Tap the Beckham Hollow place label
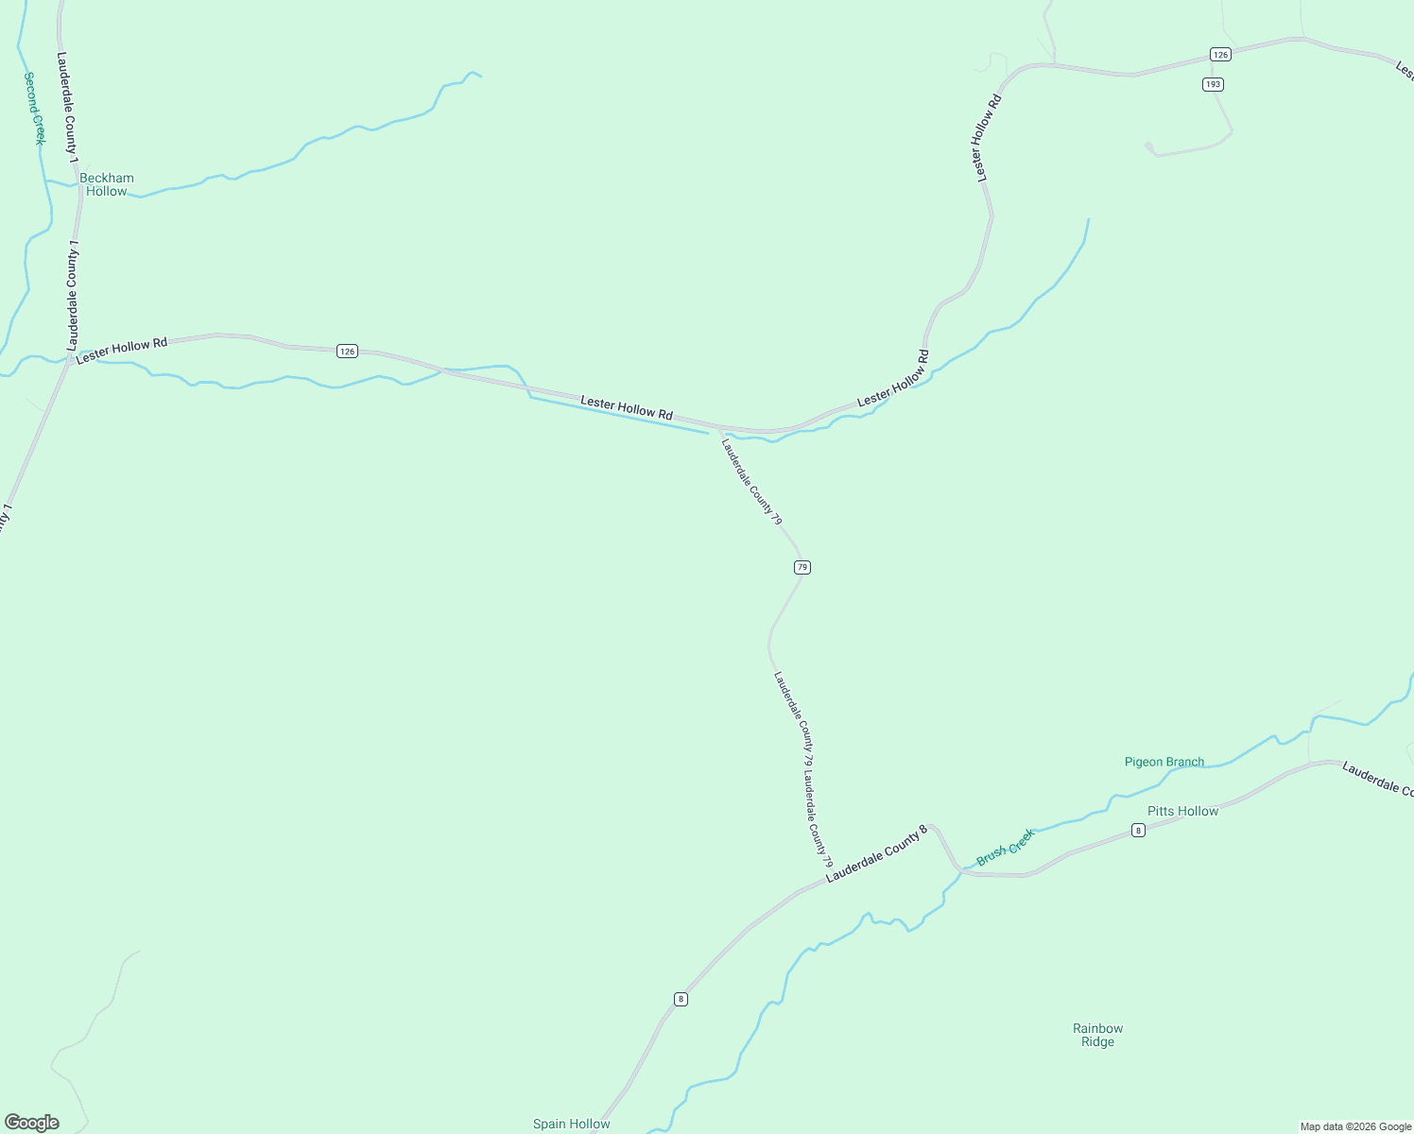click(x=107, y=184)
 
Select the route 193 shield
click(x=1214, y=84)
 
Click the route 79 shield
click(x=802, y=567)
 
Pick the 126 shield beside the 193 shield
click(x=1221, y=55)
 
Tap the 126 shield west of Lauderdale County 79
click(x=348, y=352)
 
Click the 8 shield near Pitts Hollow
click(x=1139, y=831)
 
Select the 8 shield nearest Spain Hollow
click(x=681, y=999)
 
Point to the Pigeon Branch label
click(x=1164, y=762)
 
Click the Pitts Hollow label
click(x=1182, y=811)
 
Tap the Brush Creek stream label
click(x=1006, y=847)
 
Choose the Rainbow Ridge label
click(x=1097, y=1035)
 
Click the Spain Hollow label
click(x=571, y=1124)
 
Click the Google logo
click(x=32, y=1123)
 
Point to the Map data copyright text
click(x=1354, y=1126)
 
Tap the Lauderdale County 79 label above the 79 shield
click(x=751, y=481)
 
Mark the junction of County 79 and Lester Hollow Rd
click(x=720, y=428)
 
